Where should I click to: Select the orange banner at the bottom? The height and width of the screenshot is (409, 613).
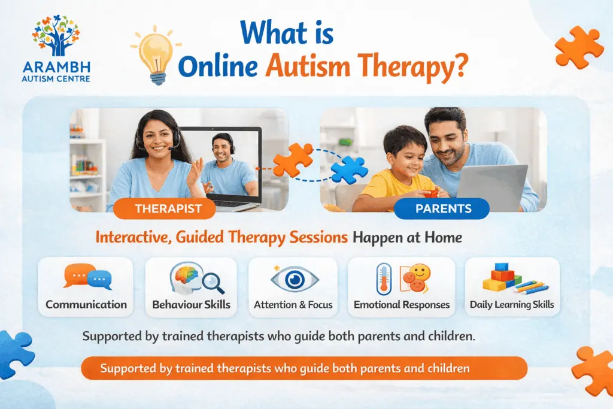304,368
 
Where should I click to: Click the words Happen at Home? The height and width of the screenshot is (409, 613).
407,237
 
